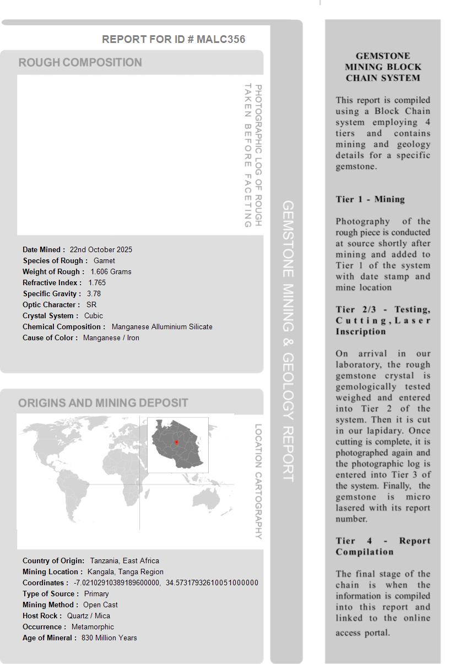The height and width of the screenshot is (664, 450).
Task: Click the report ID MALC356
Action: coord(220,39)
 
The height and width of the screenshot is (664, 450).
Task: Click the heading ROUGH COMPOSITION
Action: coord(80,62)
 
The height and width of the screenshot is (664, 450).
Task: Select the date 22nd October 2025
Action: coord(101,249)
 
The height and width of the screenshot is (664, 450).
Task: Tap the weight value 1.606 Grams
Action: coord(111,271)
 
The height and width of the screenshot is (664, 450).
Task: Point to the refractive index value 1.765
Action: coord(97,282)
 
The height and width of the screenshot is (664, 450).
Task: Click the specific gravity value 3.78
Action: coord(94,293)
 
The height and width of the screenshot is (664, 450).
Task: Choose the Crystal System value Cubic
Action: coord(94,315)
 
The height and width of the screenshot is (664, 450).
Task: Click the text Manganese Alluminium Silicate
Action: coord(162,326)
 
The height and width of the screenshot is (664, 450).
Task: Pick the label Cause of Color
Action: coord(50,338)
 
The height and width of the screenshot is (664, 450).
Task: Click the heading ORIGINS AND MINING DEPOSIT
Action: coord(103,403)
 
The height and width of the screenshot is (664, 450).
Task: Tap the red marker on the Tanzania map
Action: coord(176,442)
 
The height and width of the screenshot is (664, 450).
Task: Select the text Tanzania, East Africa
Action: coord(124,560)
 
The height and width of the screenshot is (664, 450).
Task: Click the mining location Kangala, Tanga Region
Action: coord(126,572)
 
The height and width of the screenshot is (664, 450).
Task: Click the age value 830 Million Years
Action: coord(109,638)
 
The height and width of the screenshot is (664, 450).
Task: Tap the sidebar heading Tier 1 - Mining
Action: coord(370,199)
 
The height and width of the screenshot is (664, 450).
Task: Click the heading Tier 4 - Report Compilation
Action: coord(383,546)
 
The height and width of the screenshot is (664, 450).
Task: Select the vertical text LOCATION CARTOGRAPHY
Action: coord(258,481)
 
